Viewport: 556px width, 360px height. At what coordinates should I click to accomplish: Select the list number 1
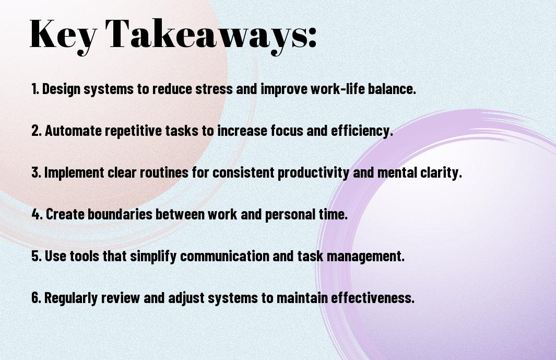pyautogui.click(x=35, y=89)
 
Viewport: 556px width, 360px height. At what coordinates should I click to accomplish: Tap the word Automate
pyautogui.click(x=73, y=131)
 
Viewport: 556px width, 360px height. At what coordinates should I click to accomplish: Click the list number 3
pyautogui.click(x=36, y=172)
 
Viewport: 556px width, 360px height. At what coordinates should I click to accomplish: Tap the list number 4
pyautogui.click(x=37, y=214)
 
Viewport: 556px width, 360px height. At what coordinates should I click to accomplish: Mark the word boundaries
pyautogui.click(x=120, y=214)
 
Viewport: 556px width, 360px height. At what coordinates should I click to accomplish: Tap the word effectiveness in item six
pyautogui.click(x=373, y=297)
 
